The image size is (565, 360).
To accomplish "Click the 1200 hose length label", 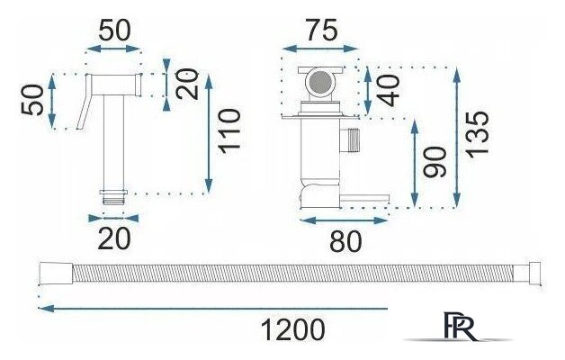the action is pyautogui.click(x=292, y=329).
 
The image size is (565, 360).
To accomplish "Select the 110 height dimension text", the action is pyautogui.click(x=230, y=131).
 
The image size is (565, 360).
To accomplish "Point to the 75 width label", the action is pyautogui.click(x=322, y=31).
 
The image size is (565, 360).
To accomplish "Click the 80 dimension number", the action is pyautogui.click(x=345, y=241).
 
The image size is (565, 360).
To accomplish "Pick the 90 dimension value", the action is pyautogui.click(x=435, y=162).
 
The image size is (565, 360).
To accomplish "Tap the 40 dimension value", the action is pyautogui.click(x=390, y=91).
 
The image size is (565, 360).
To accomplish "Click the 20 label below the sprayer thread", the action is pyautogui.click(x=114, y=238).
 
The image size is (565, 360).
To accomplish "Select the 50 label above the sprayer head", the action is pyautogui.click(x=114, y=31).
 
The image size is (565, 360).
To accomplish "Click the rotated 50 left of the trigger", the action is pyautogui.click(x=31, y=100).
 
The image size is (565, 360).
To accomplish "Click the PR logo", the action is pyautogui.click(x=459, y=327).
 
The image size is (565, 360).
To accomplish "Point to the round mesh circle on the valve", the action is pyautogui.click(x=320, y=81).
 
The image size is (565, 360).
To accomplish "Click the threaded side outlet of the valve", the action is pyautogui.click(x=350, y=140).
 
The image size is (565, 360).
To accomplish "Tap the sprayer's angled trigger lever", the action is pyautogui.click(x=84, y=102).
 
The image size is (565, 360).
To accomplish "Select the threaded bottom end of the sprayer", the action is pyautogui.click(x=113, y=197).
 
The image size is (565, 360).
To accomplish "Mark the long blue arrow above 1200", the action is pyautogui.click(x=212, y=309).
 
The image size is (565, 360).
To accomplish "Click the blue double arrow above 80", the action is pyautogui.click(x=344, y=220).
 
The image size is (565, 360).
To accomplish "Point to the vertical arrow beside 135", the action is pyautogui.click(x=457, y=137).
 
